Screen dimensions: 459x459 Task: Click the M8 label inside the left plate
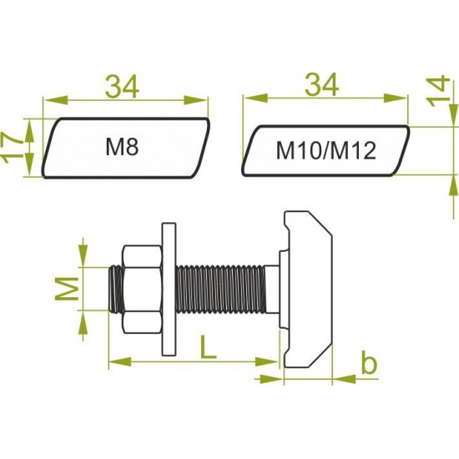[x=121, y=148]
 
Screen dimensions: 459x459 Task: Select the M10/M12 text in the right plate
[x=326, y=151]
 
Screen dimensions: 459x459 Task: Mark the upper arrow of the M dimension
[x=83, y=251]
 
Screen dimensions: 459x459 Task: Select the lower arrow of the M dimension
[x=83, y=325]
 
